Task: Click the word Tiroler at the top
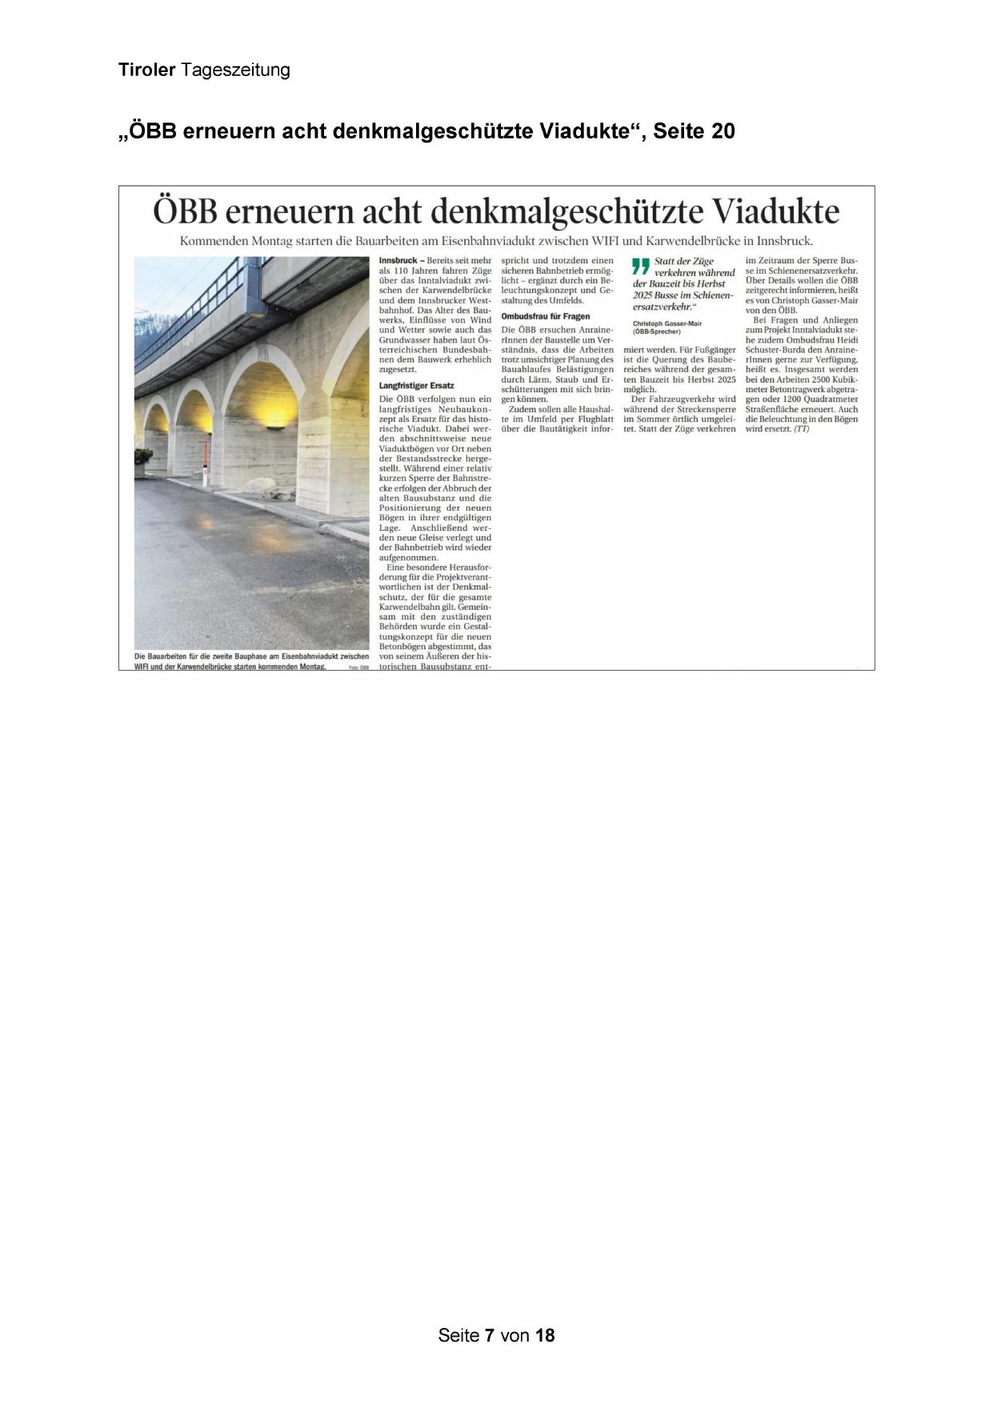pyautogui.click(x=146, y=70)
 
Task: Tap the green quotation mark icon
pyautogui.click(x=640, y=265)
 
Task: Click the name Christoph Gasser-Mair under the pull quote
pyautogui.click(x=667, y=323)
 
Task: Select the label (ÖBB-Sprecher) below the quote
pyautogui.click(x=656, y=331)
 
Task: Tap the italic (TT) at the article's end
pyautogui.click(x=801, y=429)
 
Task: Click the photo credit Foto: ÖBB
pyautogui.click(x=358, y=667)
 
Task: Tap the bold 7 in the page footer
pyautogui.click(x=489, y=1335)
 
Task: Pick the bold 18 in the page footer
pyautogui.click(x=545, y=1335)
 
